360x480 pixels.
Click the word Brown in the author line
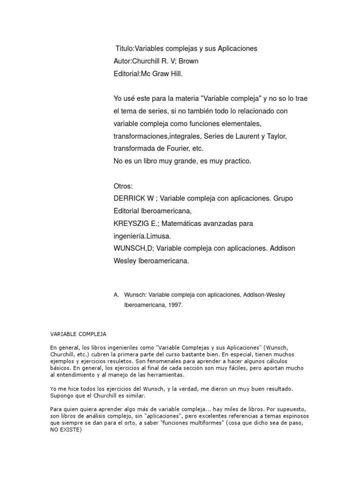coord(189,61)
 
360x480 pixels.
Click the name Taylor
coord(275,136)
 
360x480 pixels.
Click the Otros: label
coord(123,186)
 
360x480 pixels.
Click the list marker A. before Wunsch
coord(116,295)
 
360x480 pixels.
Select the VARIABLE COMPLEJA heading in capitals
coord(78,334)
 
